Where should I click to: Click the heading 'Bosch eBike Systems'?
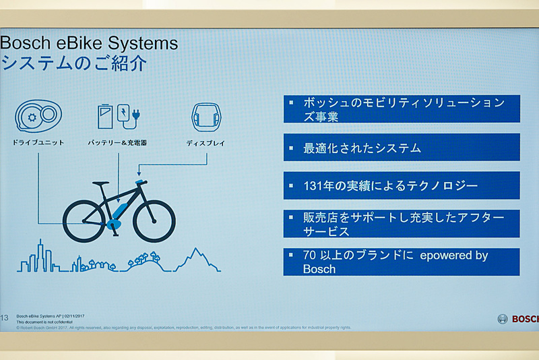(x=89, y=44)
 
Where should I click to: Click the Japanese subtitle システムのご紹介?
(x=73, y=64)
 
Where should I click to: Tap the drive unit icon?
(x=38, y=116)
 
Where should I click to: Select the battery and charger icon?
(x=118, y=116)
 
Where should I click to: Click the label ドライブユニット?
(x=38, y=143)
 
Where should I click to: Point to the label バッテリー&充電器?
(x=118, y=143)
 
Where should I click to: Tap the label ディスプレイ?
(x=205, y=143)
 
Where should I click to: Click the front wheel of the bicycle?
(x=154, y=220)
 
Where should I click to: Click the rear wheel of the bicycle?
(x=84, y=220)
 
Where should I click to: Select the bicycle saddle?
(x=100, y=183)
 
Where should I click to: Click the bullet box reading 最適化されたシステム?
(x=401, y=148)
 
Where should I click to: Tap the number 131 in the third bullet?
(x=315, y=185)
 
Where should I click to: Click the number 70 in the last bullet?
(x=311, y=256)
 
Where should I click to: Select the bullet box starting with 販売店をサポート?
(x=401, y=224)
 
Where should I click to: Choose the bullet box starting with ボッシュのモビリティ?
(x=401, y=109)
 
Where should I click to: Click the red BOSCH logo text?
(x=525, y=319)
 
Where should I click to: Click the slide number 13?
(x=4, y=317)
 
